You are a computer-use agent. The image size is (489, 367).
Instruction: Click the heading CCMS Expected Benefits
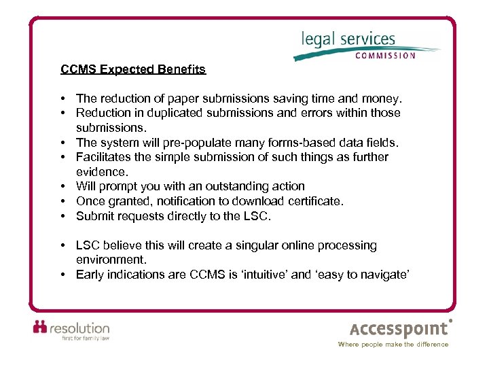[x=133, y=69]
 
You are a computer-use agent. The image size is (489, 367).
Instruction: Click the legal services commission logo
[x=367, y=44]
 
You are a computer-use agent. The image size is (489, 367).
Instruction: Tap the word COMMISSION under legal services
[x=385, y=56]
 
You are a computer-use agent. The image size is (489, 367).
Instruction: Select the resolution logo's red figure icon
[x=40, y=327]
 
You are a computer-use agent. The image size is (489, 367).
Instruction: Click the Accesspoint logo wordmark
[x=399, y=330]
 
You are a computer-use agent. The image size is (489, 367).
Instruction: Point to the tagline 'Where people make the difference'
[x=393, y=345]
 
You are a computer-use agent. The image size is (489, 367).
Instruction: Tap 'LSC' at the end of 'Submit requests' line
[x=259, y=216]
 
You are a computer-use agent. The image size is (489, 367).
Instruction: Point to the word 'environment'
[x=110, y=260]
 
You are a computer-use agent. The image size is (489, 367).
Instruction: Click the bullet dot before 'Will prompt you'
[x=62, y=186]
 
